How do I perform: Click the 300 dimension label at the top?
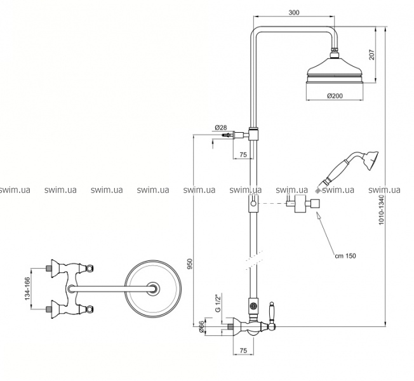(x=294, y=13)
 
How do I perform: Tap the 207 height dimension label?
(x=371, y=55)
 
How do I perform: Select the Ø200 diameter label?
(x=335, y=96)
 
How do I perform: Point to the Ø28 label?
(x=221, y=128)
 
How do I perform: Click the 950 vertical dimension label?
(x=190, y=264)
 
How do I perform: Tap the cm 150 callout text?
(x=345, y=255)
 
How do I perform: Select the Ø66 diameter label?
(x=201, y=327)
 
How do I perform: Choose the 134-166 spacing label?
(x=27, y=288)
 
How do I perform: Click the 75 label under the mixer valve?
(x=243, y=351)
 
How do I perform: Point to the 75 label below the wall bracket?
(x=243, y=154)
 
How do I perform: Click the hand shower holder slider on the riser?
(x=253, y=204)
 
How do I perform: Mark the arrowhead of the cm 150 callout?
(x=318, y=216)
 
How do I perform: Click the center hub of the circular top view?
(x=153, y=288)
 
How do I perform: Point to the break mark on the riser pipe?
(x=254, y=260)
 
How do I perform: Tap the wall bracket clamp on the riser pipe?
(x=253, y=134)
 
